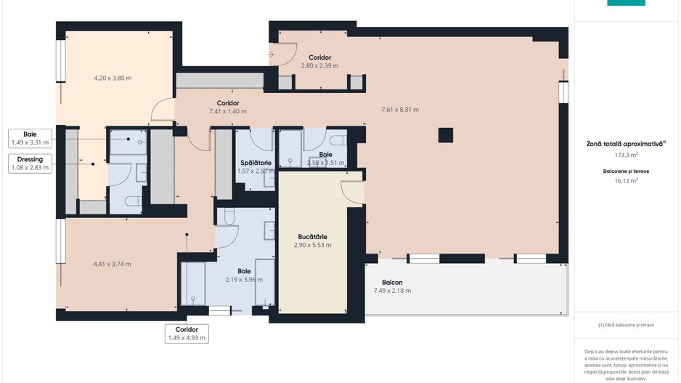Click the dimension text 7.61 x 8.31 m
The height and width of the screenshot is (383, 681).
click(x=400, y=110)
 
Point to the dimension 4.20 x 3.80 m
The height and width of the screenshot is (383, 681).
click(x=113, y=78)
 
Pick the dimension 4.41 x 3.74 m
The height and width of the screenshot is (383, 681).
click(x=113, y=264)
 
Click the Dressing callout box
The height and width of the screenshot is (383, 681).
click(x=30, y=164)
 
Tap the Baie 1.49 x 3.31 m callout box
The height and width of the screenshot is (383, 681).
click(x=30, y=138)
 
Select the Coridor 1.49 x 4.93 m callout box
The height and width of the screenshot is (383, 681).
click(x=187, y=333)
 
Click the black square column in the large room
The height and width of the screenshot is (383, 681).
click(x=445, y=135)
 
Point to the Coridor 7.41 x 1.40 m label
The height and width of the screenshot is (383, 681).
click(x=228, y=108)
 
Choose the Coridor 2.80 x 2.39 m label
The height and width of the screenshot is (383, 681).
click(x=319, y=61)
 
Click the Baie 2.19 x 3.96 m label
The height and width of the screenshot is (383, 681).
click(x=234, y=275)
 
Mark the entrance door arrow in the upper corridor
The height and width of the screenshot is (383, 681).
click(x=272, y=54)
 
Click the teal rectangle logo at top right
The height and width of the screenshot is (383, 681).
click(x=625, y=3)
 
